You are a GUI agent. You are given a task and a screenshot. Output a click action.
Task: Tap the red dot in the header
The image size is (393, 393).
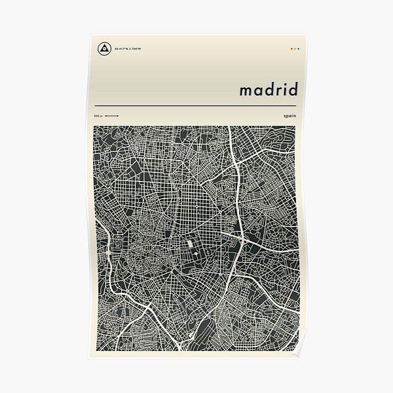click(291, 48)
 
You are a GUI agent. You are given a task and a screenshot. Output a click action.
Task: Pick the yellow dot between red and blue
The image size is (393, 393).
click(295, 48)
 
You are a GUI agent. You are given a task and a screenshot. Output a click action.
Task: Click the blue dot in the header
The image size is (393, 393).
click(298, 48)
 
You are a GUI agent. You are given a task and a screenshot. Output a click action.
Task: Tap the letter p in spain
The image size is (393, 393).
click(290, 116)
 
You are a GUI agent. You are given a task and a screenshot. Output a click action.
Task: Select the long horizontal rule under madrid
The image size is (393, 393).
click(196, 105)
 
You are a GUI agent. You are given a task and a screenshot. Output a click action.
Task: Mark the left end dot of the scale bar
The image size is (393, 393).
click(105, 116)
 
